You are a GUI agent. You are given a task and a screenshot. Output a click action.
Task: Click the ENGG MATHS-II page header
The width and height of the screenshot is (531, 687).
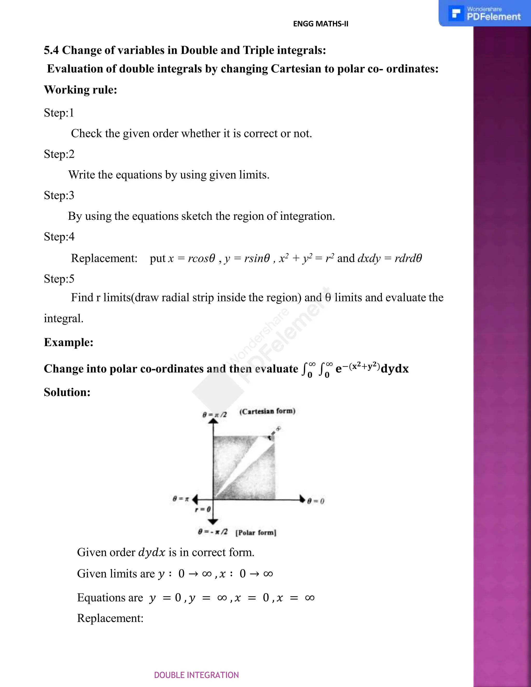[x=320, y=24]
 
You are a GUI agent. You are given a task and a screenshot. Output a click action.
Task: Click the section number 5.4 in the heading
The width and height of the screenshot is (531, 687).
[x=51, y=50]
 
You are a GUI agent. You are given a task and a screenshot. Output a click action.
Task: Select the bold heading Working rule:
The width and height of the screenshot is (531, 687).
[x=81, y=90]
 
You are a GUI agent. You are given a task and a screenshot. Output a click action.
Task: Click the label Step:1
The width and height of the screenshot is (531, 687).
[x=59, y=113]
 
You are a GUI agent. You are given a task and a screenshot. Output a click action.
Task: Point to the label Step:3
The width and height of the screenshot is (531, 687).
[x=59, y=195]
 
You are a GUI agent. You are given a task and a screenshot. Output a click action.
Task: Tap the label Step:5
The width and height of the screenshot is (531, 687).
[x=59, y=279]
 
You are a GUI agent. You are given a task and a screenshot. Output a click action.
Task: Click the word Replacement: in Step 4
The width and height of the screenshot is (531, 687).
[x=104, y=258]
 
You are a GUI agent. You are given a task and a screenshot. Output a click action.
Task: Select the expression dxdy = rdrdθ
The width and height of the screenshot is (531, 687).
[x=389, y=258]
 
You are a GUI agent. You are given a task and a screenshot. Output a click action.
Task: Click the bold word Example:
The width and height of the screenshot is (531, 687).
[x=68, y=342]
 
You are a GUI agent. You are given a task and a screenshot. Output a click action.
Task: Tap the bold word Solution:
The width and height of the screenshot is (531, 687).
[x=67, y=392]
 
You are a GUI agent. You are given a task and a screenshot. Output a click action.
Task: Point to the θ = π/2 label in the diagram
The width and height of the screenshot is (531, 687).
[x=214, y=415]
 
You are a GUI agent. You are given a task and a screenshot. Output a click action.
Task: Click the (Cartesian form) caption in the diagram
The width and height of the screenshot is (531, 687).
[x=267, y=411]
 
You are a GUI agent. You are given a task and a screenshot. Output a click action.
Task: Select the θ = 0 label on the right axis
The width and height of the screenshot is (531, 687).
[x=316, y=501]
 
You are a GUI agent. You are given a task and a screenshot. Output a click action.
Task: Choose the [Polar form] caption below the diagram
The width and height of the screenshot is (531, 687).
[x=256, y=532]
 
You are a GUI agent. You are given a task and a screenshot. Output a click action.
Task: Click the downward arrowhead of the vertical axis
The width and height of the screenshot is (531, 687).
[x=213, y=522]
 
